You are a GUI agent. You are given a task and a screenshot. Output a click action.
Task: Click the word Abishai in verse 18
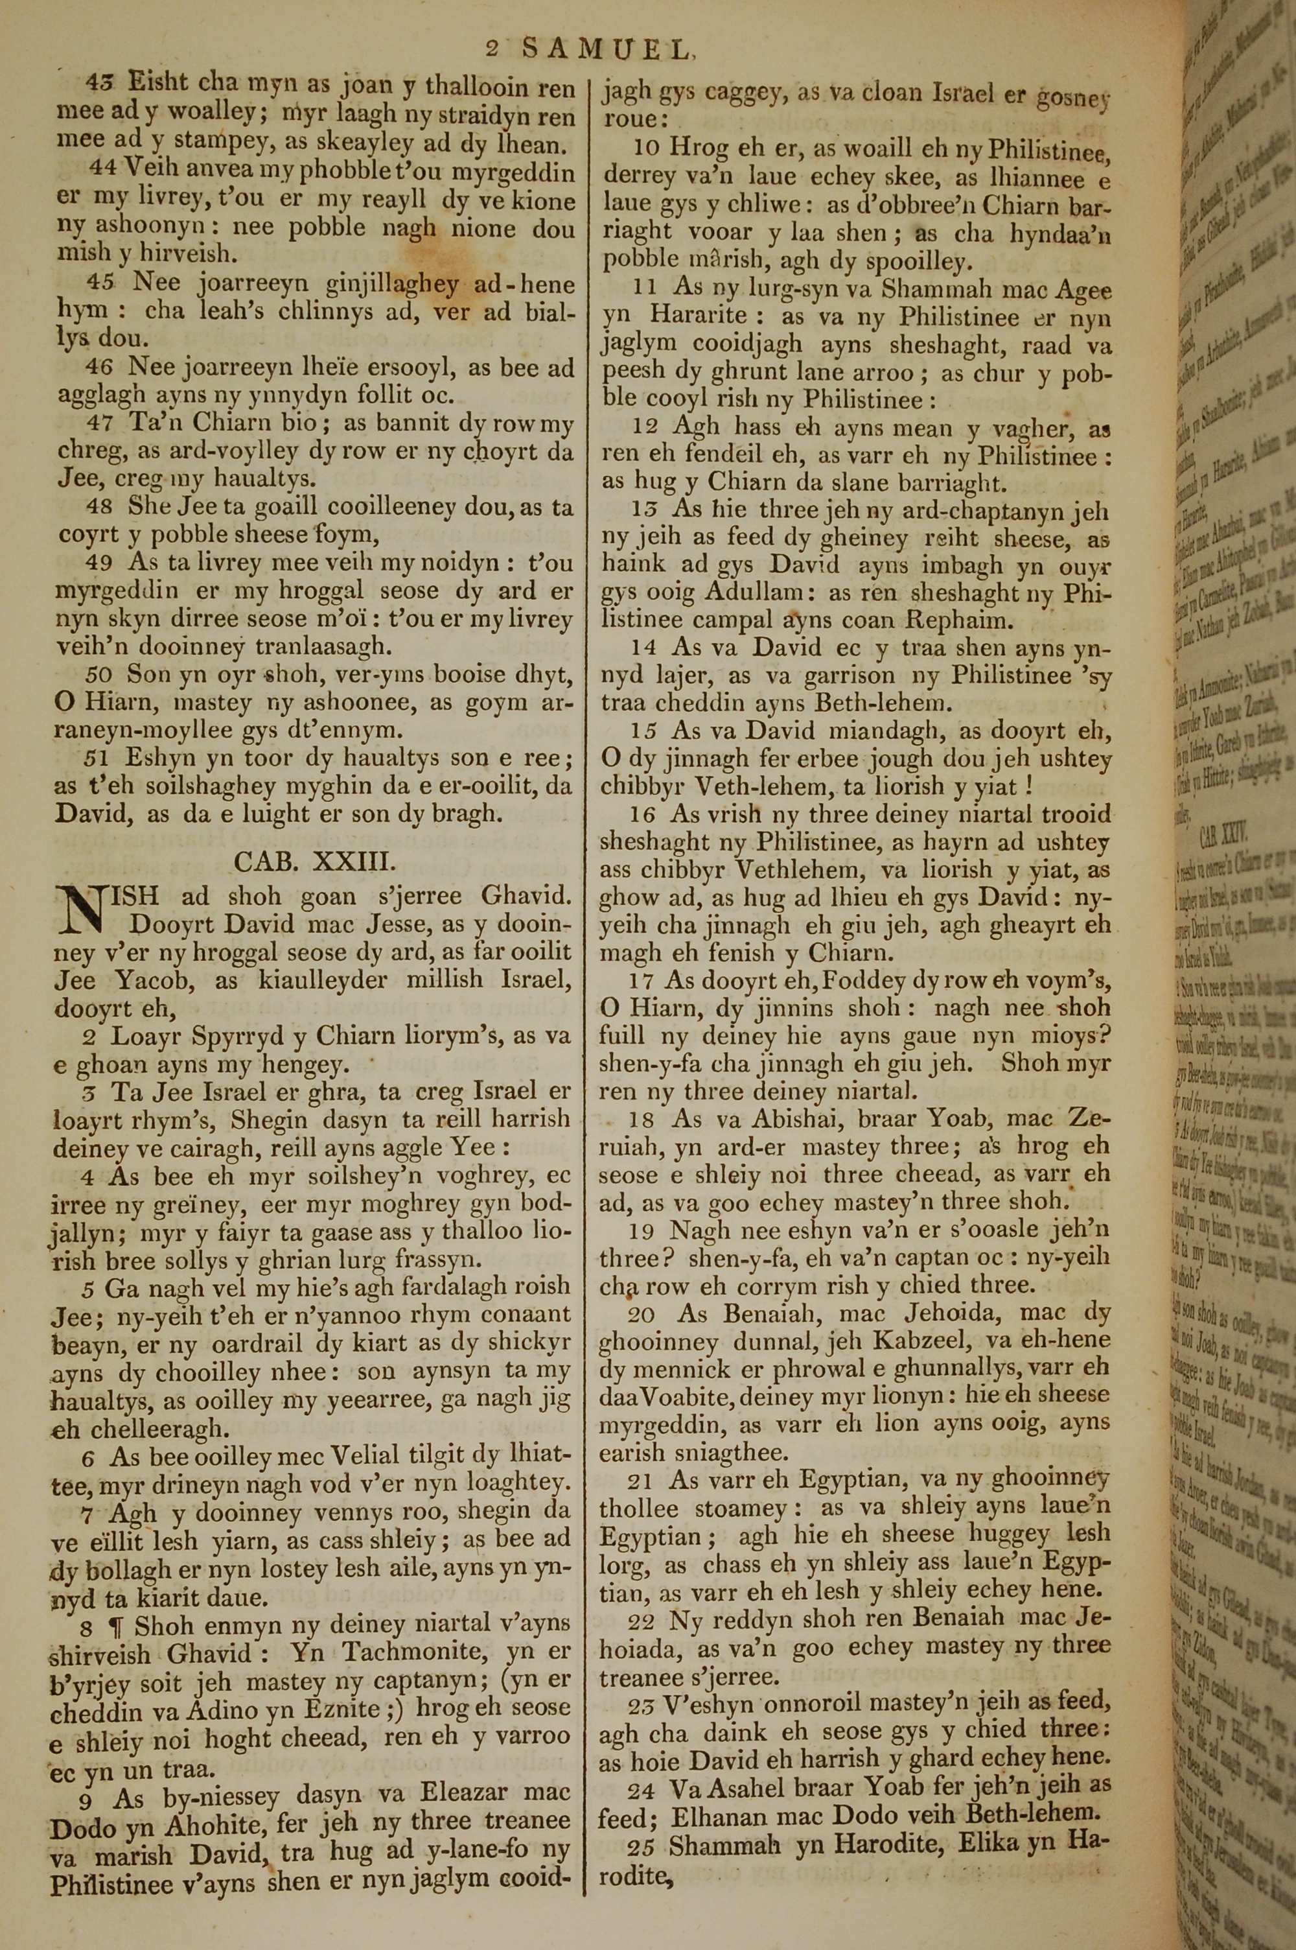[x=793, y=1120]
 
